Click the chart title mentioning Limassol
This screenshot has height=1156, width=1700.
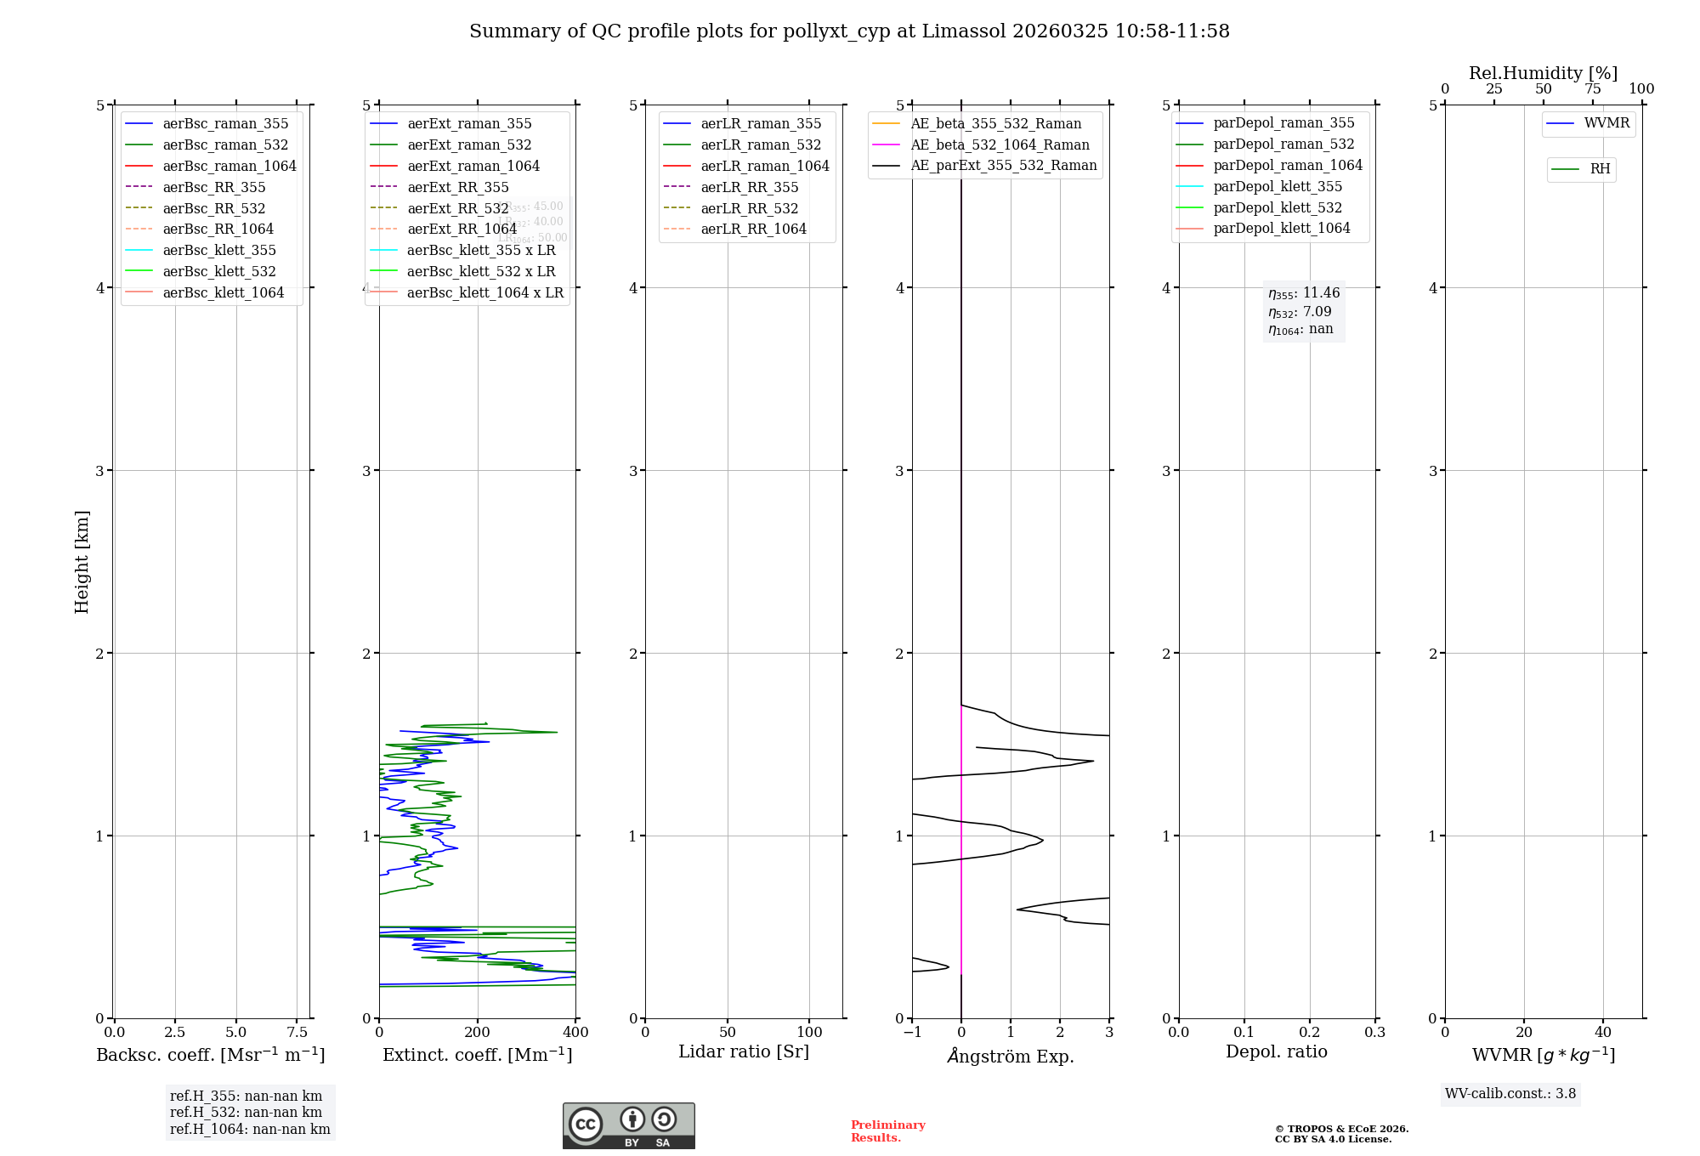tap(849, 31)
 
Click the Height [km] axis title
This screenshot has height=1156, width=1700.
tap(82, 561)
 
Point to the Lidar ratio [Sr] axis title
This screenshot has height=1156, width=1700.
tap(744, 1051)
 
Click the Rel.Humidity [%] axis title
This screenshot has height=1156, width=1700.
tap(1543, 73)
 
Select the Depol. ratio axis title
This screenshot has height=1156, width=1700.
tap(1276, 1051)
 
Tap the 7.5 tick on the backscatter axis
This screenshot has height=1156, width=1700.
tap(297, 1032)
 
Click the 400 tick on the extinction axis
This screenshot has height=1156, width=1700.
tap(575, 1032)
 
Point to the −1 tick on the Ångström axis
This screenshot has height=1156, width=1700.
tap(912, 1032)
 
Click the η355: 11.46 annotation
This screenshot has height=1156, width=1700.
tap(1304, 293)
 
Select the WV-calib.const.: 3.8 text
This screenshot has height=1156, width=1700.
tap(1510, 1094)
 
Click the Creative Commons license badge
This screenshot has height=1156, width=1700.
tap(628, 1125)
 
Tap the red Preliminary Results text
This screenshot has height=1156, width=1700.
tap(887, 1130)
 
